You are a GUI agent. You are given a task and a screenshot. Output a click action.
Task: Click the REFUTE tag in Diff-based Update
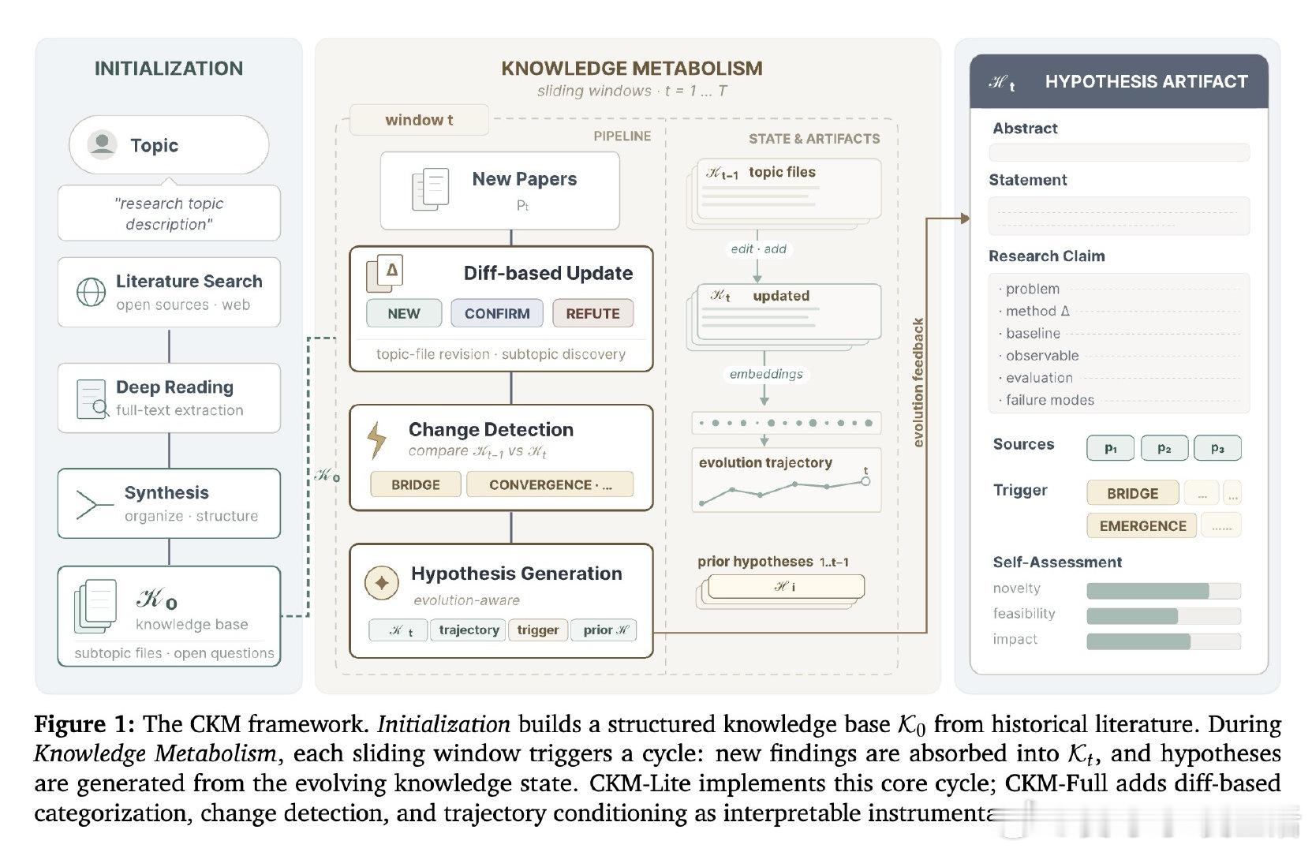click(x=592, y=313)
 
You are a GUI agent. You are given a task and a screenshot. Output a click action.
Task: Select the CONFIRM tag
click(x=497, y=313)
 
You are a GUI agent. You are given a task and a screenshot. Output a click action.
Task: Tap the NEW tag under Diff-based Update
click(x=404, y=313)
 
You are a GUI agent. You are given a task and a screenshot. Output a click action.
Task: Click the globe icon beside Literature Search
click(x=91, y=292)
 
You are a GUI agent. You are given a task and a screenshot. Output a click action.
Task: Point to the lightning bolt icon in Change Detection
click(x=377, y=440)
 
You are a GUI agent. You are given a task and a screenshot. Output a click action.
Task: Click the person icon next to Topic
click(x=102, y=144)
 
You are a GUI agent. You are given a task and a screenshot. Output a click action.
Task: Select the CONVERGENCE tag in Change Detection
click(x=550, y=484)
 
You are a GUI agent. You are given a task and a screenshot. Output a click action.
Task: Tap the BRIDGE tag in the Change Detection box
click(x=416, y=484)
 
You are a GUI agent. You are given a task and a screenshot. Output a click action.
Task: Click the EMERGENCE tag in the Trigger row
click(x=1142, y=525)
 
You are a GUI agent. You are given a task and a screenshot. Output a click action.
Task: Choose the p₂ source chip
click(x=1164, y=448)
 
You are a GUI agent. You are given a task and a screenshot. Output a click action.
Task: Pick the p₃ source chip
click(x=1217, y=448)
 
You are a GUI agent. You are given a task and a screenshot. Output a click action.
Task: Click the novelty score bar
click(x=1163, y=590)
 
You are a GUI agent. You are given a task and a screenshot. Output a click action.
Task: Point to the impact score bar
click(x=1163, y=641)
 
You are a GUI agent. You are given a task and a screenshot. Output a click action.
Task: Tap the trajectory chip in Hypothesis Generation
click(x=469, y=630)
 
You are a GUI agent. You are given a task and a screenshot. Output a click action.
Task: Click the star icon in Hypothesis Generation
click(x=382, y=583)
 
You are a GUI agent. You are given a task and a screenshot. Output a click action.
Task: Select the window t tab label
click(x=419, y=120)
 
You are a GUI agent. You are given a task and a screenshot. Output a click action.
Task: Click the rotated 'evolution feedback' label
click(x=918, y=383)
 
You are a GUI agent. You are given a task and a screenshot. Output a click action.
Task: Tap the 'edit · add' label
click(x=758, y=248)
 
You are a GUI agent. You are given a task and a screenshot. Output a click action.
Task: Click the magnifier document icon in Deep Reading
click(x=92, y=398)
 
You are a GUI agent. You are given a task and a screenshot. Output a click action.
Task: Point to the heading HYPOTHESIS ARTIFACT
click(x=1146, y=81)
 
